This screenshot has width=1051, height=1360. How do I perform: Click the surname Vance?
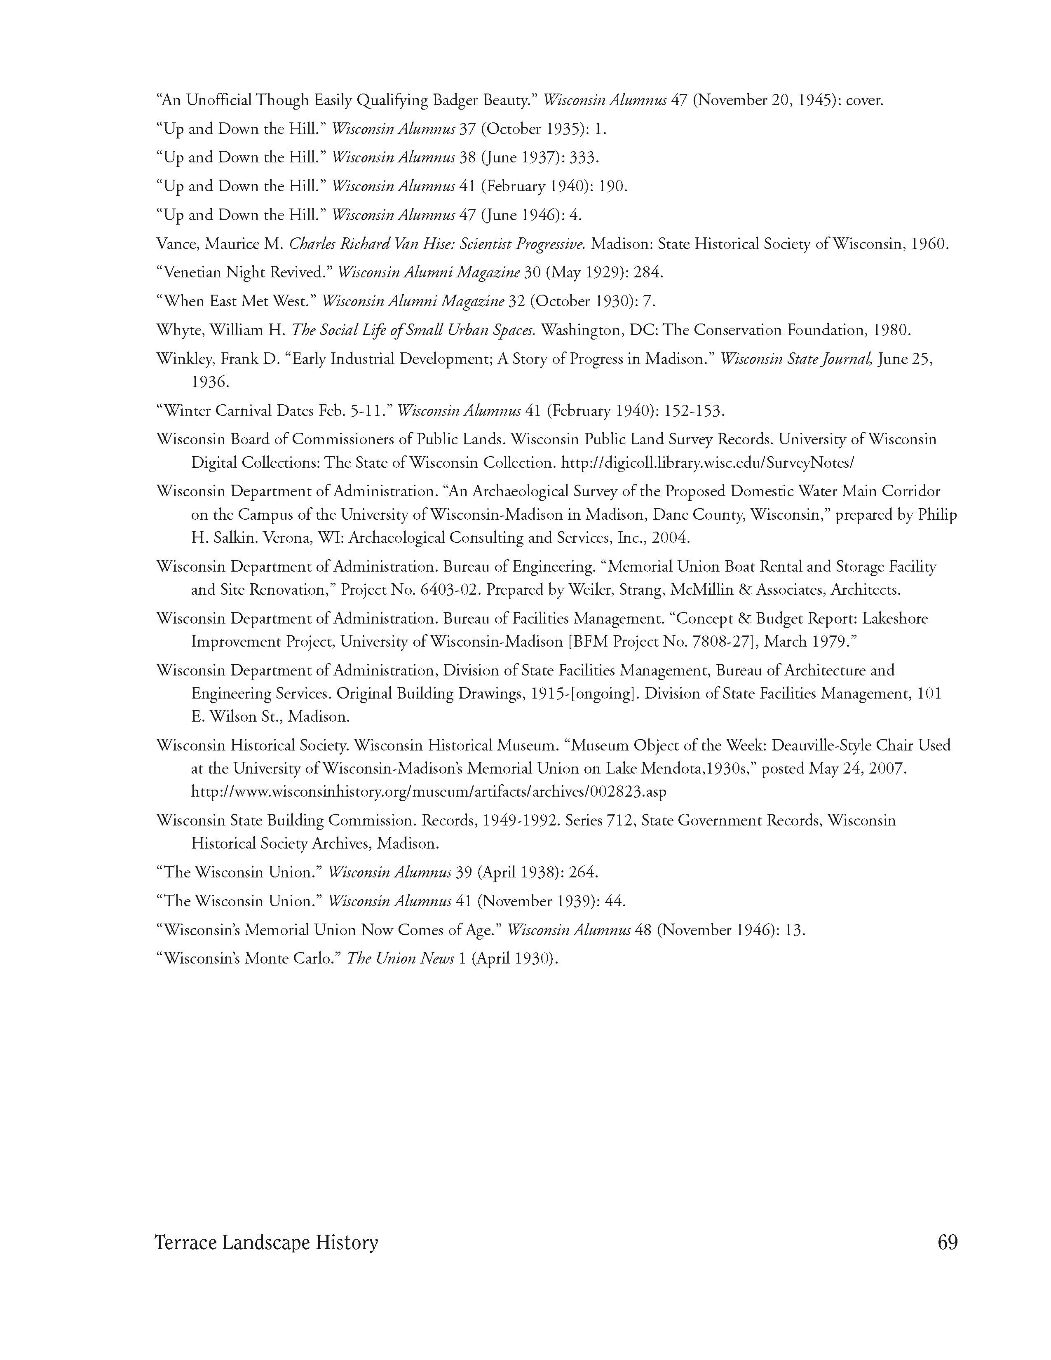(x=176, y=244)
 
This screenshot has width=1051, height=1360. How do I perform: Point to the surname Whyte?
(x=178, y=330)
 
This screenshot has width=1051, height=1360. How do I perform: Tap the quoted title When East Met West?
(x=237, y=301)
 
